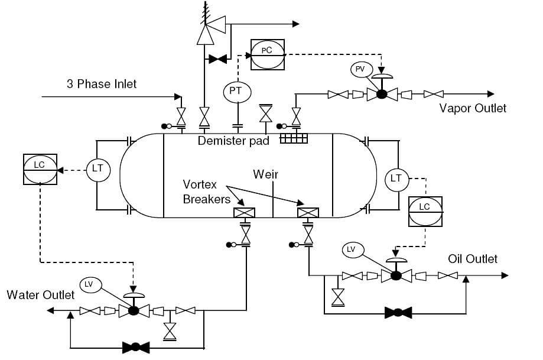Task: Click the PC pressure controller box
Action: click(x=267, y=51)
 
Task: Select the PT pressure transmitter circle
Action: click(x=237, y=91)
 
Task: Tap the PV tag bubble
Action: click(x=360, y=70)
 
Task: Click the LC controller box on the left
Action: click(x=40, y=170)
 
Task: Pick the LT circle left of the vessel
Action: click(x=97, y=169)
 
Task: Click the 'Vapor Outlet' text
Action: click(x=473, y=108)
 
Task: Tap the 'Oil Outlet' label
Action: click(x=473, y=259)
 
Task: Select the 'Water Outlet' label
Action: click(x=41, y=294)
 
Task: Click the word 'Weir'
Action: click(x=265, y=174)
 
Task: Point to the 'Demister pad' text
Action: click(x=233, y=141)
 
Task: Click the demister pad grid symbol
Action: click(x=294, y=138)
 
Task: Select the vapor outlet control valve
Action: click(x=382, y=94)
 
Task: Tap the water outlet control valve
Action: click(x=134, y=310)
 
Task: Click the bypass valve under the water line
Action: click(x=135, y=348)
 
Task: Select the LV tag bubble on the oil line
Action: click(x=351, y=250)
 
